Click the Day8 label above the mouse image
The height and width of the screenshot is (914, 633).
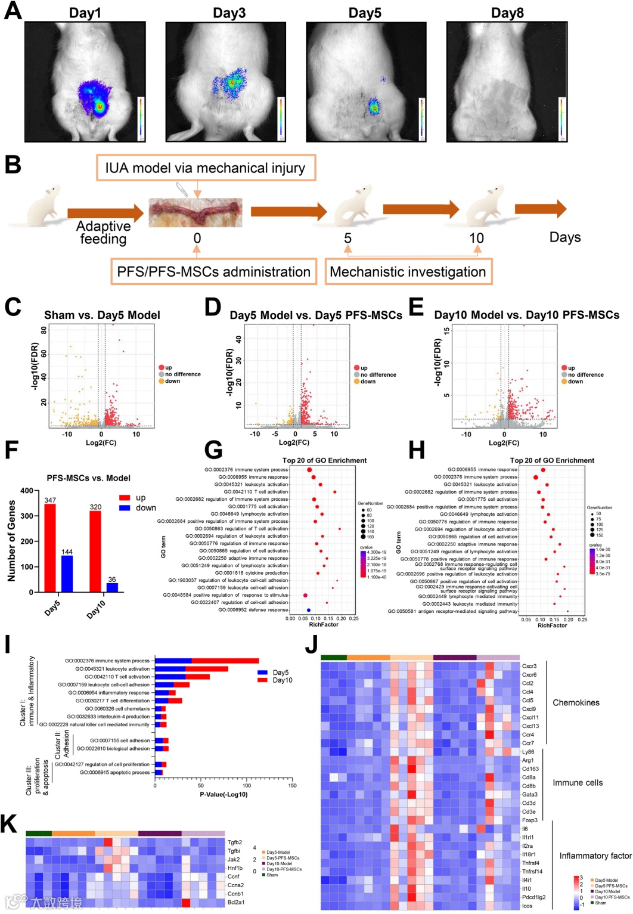(x=507, y=13)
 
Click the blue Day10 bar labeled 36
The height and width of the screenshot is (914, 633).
(x=111, y=587)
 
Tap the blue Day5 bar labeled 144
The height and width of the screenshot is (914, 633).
(x=67, y=574)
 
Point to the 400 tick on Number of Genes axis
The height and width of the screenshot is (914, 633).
(x=27, y=491)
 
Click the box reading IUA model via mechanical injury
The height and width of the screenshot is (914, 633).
(x=205, y=168)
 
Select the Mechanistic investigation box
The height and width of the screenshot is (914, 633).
(x=408, y=272)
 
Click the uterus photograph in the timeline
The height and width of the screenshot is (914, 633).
(x=196, y=212)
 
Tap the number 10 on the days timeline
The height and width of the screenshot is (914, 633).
(x=476, y=238)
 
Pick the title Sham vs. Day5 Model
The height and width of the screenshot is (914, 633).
(x=102, y=315)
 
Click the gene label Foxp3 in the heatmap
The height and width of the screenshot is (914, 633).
(x=529, y=820)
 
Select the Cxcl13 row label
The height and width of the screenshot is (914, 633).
(x=530, y=726)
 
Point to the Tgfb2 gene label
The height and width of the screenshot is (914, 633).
(x=235, y=842)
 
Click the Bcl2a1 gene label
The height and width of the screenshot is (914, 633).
(x=236, y=902)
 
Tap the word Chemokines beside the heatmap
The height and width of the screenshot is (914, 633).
(x=576, y=702)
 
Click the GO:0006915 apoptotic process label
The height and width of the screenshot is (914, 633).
(x=114, y=773)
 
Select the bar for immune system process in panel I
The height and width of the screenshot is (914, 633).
(x=206, y=661)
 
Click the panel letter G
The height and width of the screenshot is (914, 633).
(x=213, y=451)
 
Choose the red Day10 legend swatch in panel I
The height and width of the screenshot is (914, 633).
(x=262, y=680)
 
